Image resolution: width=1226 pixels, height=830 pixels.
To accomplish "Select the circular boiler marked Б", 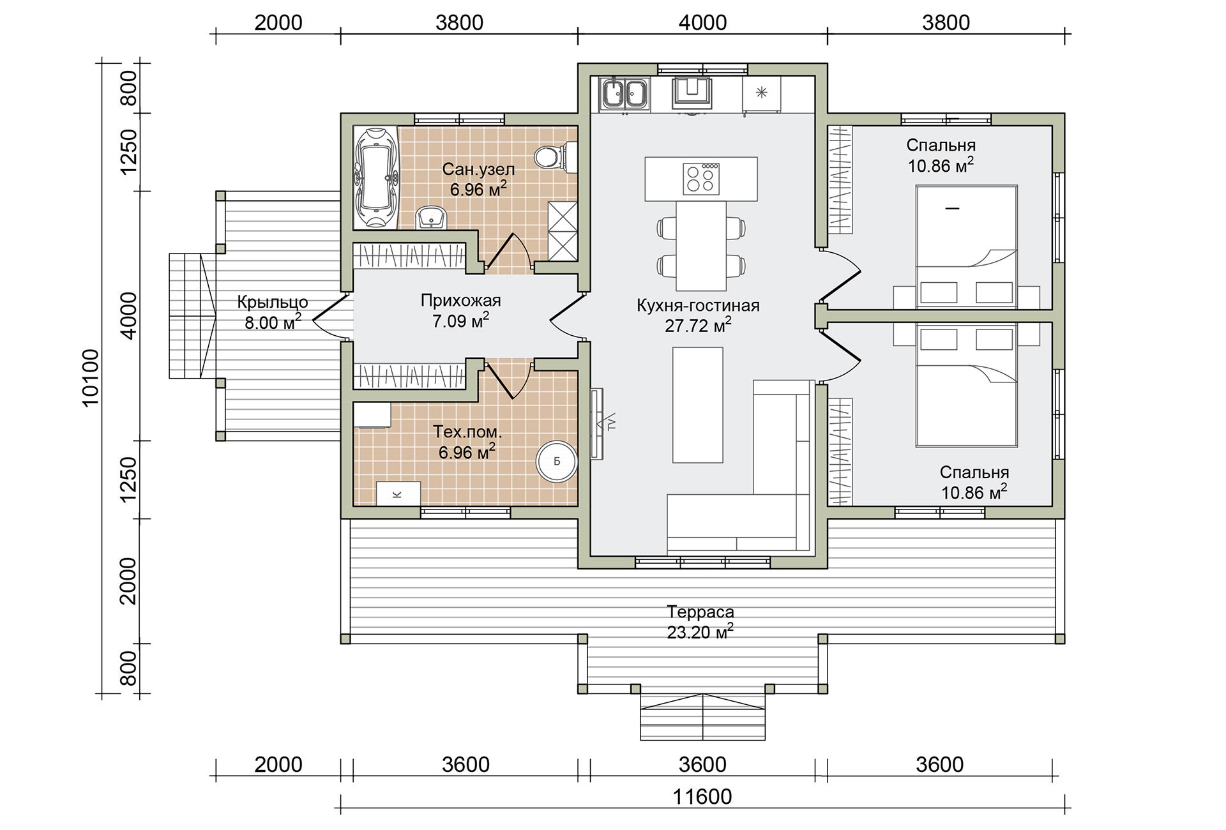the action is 556,461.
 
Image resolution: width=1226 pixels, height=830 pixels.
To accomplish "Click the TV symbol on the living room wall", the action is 603,423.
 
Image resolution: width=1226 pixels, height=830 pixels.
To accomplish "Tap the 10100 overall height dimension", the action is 91,377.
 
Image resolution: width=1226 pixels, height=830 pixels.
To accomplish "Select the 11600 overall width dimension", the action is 702,797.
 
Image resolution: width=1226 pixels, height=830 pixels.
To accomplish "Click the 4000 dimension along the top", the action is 702,23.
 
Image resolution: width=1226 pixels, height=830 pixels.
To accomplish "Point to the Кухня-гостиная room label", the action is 698,305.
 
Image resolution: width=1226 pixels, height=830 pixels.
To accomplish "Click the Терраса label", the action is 700,612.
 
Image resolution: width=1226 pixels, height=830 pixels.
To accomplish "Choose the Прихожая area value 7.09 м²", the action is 461,320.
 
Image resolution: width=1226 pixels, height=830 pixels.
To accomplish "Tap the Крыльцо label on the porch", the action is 273,301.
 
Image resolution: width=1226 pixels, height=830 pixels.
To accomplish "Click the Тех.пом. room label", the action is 467,432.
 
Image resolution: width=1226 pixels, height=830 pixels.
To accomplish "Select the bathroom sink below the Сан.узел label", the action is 432,217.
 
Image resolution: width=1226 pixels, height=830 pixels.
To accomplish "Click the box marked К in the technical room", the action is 398,494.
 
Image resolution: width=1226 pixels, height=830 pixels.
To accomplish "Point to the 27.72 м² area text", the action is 698,326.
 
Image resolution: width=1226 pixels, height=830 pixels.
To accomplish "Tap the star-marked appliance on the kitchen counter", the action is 761,93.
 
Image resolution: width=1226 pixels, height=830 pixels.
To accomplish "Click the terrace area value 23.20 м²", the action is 700,632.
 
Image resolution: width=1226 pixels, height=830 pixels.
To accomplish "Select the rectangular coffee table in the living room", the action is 698,405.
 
